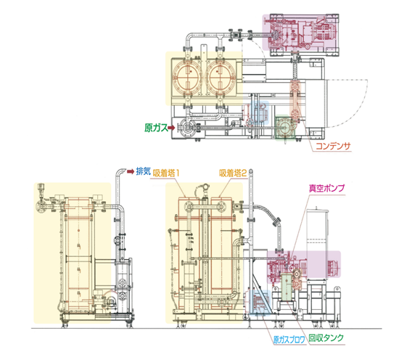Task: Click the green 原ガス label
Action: pos(156,128)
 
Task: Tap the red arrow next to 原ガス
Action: pos(171,128)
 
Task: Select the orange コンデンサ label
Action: pos(333,146)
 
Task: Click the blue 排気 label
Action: pos(143,171)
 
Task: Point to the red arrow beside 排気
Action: pos(131,172)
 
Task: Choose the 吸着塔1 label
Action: pos(166,173)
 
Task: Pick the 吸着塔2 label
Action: pos(233,173)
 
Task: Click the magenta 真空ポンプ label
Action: pos(326,188)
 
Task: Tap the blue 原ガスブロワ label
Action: pos(289,340)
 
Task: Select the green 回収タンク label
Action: pos(326,338)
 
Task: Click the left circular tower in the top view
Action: pos(187,78)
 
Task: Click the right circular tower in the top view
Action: pos(221,78)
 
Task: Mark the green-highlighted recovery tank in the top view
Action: pos(285,127)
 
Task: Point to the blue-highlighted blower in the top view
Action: pos(260,113)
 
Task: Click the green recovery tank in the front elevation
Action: pos(287,287)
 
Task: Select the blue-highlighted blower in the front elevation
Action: pos(260,302)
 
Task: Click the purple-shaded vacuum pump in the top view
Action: pos(301,33)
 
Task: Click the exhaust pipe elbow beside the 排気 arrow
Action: pos(120,172)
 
